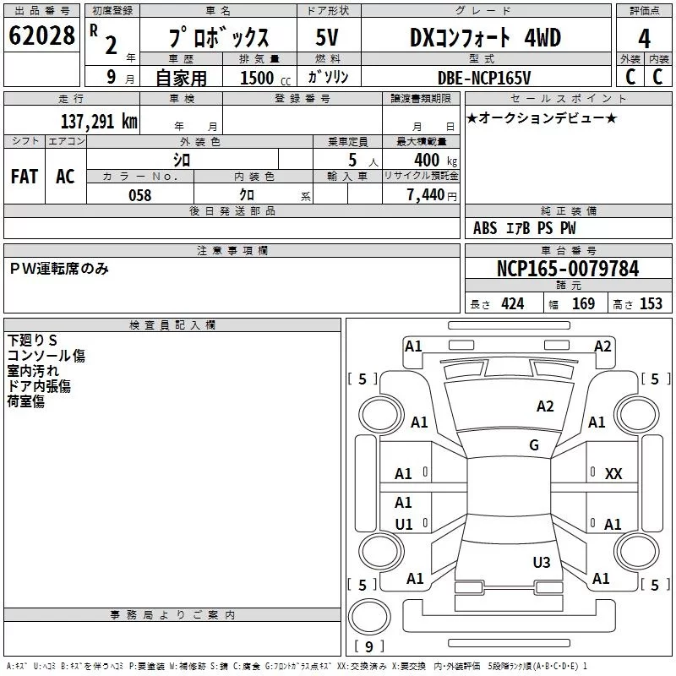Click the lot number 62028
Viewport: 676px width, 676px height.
[x=41, y=37]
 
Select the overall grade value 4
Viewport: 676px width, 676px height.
[x=644, y=39]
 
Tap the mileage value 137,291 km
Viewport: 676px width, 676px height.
[x=99, y=121]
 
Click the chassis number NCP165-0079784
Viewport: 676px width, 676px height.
[x=568, y=269]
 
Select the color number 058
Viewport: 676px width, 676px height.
[x=139, y=194]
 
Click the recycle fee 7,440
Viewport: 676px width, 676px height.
[x=431, y=194]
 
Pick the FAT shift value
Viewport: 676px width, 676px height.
[x=25, y=176]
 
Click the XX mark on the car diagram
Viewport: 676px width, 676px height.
[x=613, y=474]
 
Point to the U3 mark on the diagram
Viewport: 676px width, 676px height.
[x=542, y=562]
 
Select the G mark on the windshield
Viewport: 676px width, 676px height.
[x=534, y=445]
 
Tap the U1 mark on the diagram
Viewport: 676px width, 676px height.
[x=404, y=525]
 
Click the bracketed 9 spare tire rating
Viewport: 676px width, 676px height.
[x=368, y=646]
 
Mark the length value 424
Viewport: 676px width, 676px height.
[x=512, y=304]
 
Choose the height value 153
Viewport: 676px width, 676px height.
[x=651, y=304]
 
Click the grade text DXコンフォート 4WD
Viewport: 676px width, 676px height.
[x=485, y=37]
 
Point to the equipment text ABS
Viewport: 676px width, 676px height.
[x=485, y=228]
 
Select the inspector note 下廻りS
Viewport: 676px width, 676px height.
[x=32, y=340]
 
